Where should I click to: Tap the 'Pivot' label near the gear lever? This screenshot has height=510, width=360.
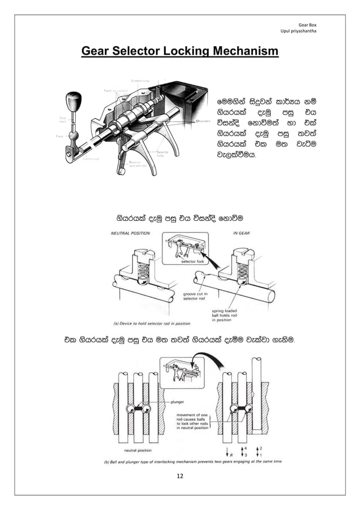(59, 136)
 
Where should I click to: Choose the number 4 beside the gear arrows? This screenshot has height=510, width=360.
(247, 447)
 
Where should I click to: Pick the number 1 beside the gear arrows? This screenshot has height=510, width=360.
(261, 454)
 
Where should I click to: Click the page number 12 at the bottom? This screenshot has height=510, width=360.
(179, 478)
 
